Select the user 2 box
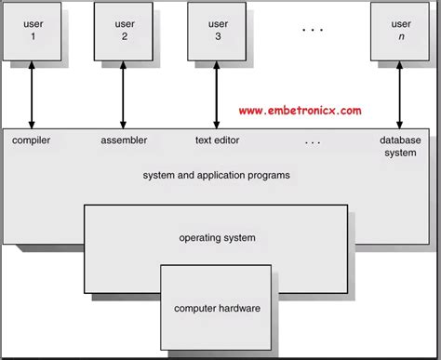124,31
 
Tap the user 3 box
217,31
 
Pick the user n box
400,31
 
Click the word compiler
31,141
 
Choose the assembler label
124,141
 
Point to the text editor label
217,141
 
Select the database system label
400,147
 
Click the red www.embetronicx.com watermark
300,110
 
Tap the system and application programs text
216,175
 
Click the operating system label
217,238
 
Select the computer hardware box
217,308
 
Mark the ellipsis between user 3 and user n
311,30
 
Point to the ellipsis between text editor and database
312,142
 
